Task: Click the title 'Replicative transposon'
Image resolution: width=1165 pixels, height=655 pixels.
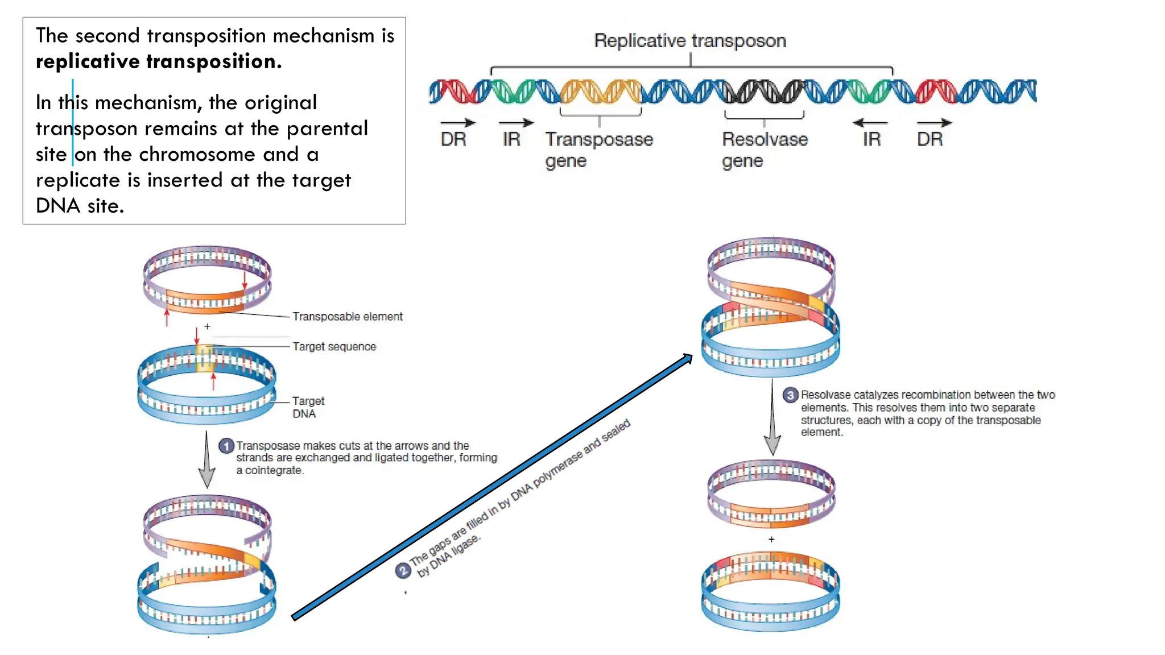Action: coord(689,41)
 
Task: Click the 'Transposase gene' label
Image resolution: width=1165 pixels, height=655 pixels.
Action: coord(598,150)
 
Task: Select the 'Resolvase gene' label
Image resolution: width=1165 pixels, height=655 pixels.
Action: coord(764,150)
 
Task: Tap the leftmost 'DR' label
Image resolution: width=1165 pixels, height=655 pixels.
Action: coord(453,139)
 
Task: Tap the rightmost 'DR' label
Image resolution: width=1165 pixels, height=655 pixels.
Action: coord(929,139)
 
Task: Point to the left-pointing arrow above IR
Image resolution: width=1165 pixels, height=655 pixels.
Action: coord(870,123)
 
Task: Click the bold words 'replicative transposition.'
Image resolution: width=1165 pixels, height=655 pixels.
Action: coord(159,61)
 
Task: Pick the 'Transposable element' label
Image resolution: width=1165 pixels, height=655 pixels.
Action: coord(347,317)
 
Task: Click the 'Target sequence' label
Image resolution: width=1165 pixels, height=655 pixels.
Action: coord(334,347)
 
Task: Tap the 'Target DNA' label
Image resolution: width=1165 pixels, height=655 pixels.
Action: coord(307,407)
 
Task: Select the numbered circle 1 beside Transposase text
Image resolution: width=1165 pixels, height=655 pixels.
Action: coord(226,446)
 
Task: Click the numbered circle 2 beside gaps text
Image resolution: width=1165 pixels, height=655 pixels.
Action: coord(403,570)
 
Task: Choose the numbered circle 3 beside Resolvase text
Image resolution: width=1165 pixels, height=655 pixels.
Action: coord(790,395)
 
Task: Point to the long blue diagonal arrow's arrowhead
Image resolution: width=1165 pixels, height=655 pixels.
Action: coord(687,359)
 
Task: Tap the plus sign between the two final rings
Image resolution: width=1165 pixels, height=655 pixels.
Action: coord(771,539)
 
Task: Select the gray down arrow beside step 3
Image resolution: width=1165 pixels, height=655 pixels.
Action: coord(772,421)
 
